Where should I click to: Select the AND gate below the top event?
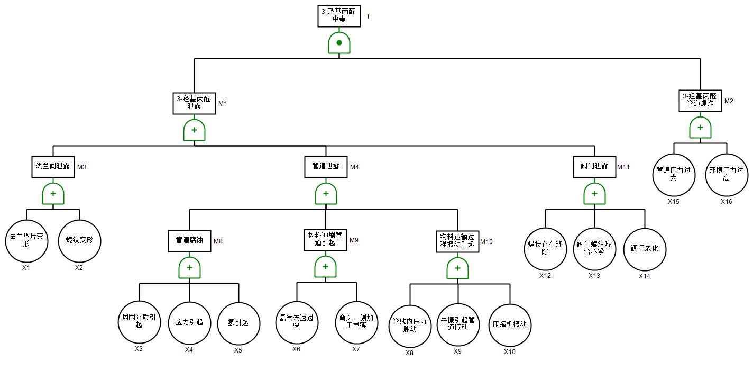(x=339, y=43)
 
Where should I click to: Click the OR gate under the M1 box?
(x=194, y=130)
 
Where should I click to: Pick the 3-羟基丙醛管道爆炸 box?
(x=700, y=100)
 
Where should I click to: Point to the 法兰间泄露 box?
(x=53, y=166)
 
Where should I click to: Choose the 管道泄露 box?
(x=326, y=166)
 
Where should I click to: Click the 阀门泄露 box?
(x=594, y=166)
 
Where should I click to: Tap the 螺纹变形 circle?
(x=79, y=240)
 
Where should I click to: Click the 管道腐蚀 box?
(x=189, y=240)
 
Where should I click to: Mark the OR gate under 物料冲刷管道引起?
(x=325, y=267)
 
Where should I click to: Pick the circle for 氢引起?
(x=238, y=322)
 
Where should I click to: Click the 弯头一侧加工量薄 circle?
(x=356, y=322)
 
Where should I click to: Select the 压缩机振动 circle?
(x=510, y=325)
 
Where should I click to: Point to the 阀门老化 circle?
(x=645, y=248)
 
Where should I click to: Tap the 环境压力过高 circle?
(x=727, y=175)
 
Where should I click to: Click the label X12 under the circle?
(x=545, y=276)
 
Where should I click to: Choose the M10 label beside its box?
(x=486, y=242)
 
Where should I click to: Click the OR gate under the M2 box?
(x=700, y=128)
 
